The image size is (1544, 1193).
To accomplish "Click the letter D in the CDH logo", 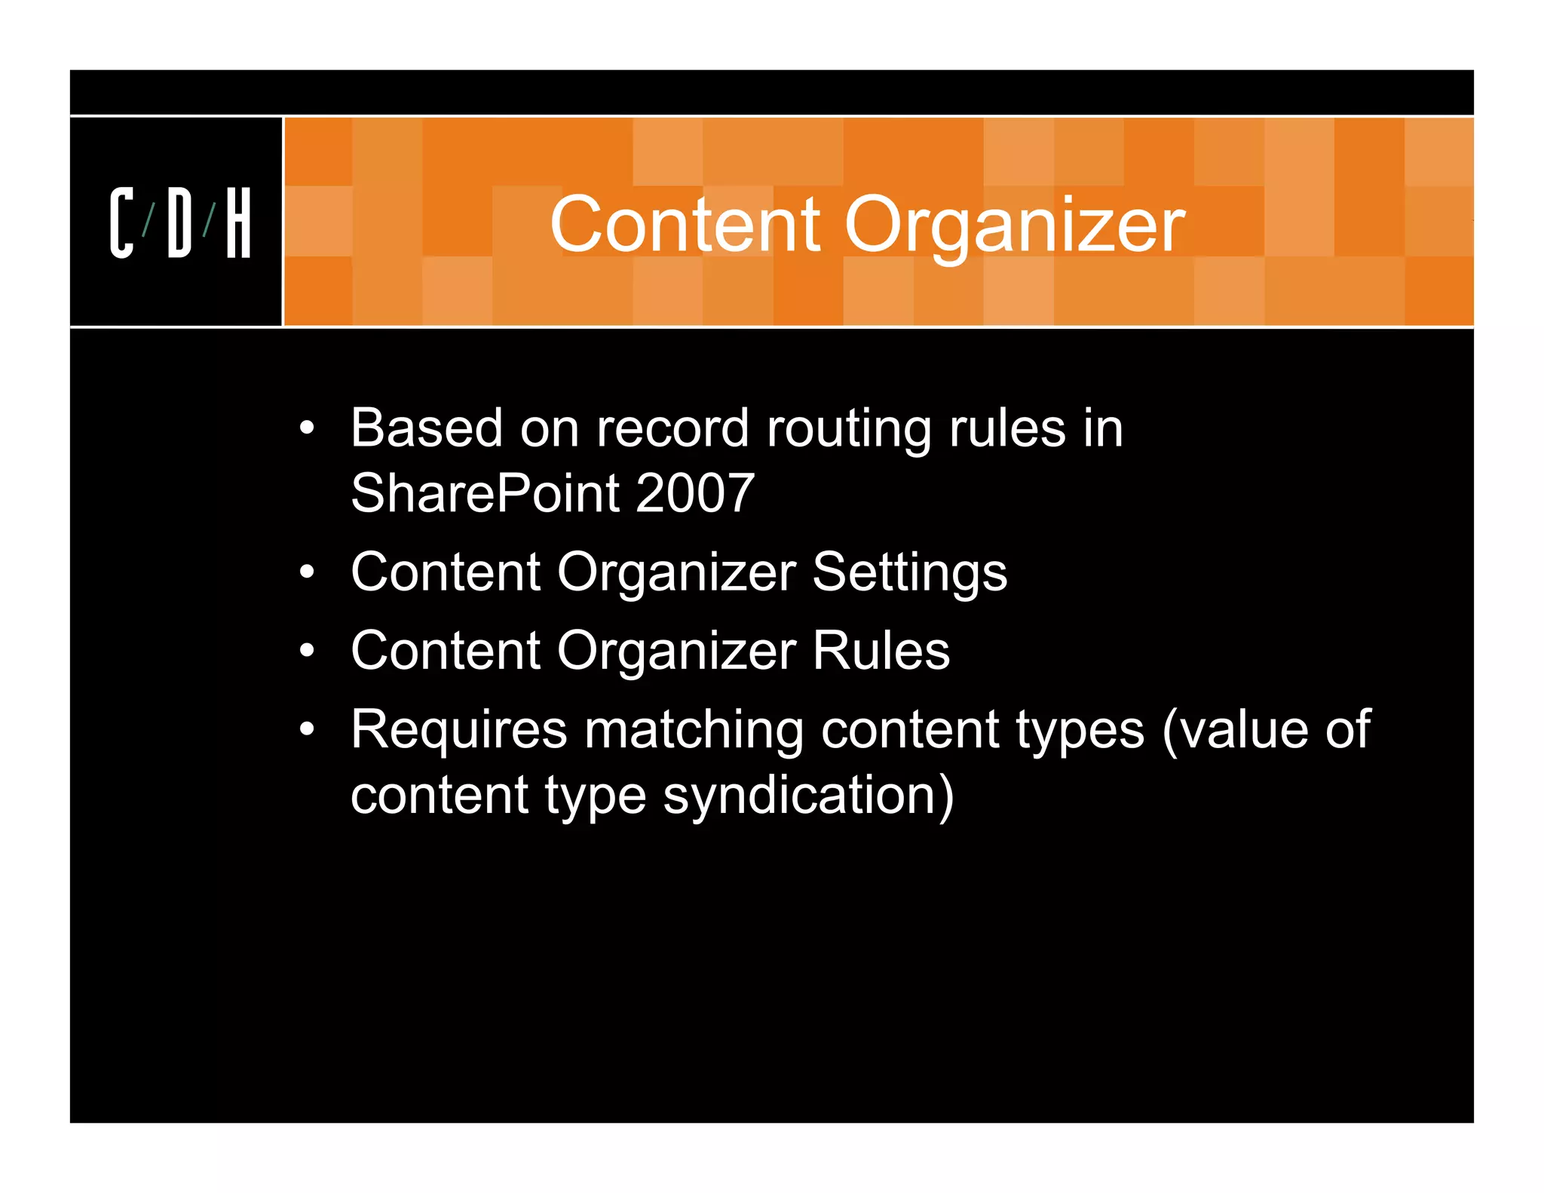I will point(179,223).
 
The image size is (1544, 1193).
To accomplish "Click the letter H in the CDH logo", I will point(238,223).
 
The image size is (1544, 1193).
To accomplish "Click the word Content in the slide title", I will point(685,225).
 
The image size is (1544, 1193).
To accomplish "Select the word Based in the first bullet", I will point(427,428).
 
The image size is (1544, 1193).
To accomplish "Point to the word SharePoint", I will point(486,494).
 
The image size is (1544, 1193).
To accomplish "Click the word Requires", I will point(458,730).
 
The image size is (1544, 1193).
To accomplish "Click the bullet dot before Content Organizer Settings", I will point(306,572).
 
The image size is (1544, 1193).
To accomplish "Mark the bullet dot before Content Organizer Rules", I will point(306,651).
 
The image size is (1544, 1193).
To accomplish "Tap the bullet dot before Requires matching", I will point(306,729).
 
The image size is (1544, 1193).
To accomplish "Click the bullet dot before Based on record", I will point(306,429).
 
